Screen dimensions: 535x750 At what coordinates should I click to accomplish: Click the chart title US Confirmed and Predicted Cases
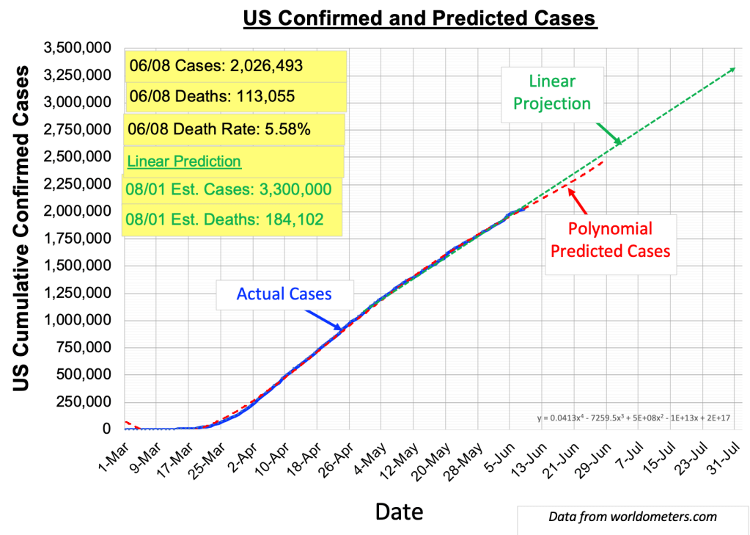[420, 18]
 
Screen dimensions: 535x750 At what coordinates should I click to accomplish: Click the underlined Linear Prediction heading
[184, 161]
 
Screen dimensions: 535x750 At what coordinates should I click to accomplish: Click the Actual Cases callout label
[284, 294]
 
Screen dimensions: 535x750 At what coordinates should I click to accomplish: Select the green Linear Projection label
[551, 92]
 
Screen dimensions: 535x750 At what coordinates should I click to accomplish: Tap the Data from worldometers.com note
[632, 517]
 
